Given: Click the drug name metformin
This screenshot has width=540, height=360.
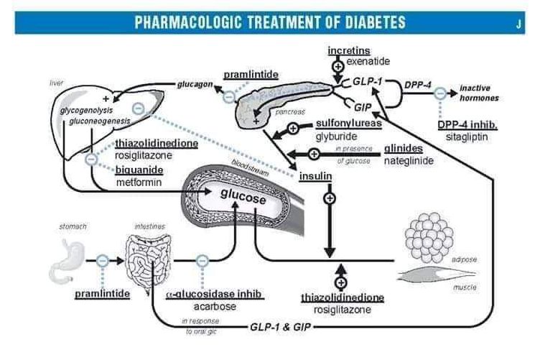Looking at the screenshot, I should (138, 183).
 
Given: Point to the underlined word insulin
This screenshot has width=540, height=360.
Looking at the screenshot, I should (315, 175).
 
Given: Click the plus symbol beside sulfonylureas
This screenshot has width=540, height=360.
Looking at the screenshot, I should (292, 129).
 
